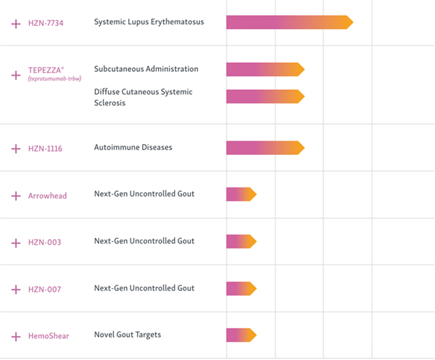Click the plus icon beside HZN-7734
point(16,24)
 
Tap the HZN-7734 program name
point(46,23)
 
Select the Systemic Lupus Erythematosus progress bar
point(289,22)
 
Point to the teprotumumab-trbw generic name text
point(54,79)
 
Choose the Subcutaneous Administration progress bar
point(265,70)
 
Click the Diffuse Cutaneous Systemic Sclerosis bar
point(265,96)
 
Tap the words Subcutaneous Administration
point(146,69)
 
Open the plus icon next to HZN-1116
point(16,148)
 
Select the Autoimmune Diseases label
point(133,147)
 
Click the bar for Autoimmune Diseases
point(265,148)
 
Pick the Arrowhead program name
point(47,196)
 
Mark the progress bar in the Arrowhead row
point(241,194)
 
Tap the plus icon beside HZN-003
point(16,243)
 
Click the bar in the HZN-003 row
point(241,241)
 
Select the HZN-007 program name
point(45,289)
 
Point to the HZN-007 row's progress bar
point(241,288)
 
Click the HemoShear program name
point(49,336)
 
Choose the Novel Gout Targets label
point(128,335)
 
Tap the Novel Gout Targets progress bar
point(241,335)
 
